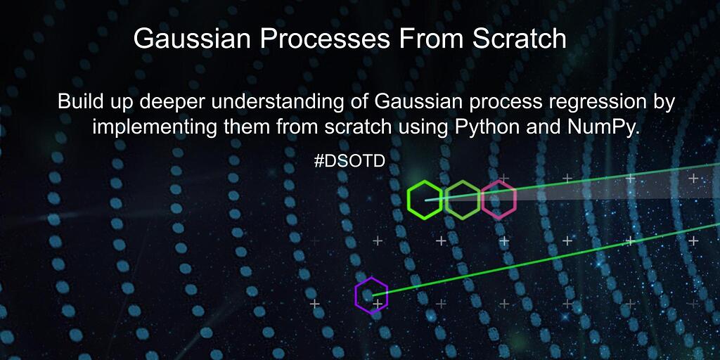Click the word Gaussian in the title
193,38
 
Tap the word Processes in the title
325,38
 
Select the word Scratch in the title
519,38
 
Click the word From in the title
431,38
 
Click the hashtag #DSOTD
350,161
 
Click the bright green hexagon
408,200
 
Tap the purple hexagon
356,295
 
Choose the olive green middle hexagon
446,200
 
